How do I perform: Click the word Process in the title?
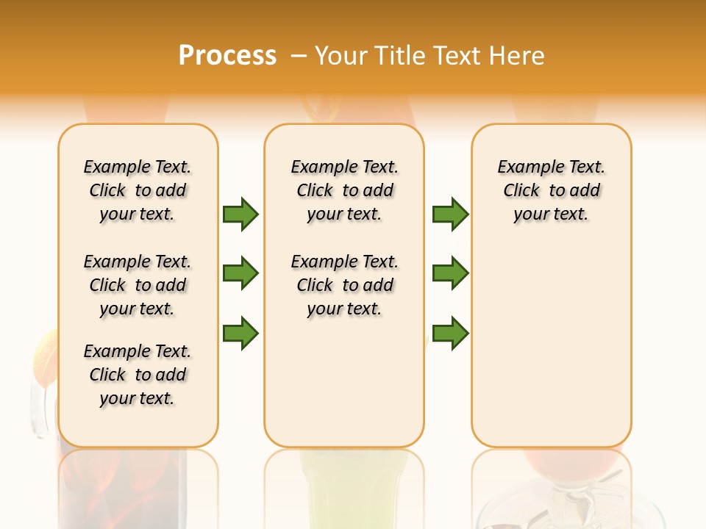tap(227, 55)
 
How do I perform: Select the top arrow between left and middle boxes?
tap(240, 214)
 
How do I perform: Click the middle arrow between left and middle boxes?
tap(240, 273)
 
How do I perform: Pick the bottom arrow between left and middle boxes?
tap(240, 333)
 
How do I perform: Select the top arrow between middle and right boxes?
tap(450, 214)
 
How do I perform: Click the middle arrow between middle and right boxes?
tap(450, 273)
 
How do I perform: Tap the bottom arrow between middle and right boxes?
tap(450, 333)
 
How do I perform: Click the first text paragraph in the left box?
tap(138, 190)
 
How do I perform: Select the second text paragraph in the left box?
tap(138, 285)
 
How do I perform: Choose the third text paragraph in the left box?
tap(138, 375)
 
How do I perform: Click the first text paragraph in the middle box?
tap(344, 190)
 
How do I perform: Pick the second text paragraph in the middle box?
tap(344, 285)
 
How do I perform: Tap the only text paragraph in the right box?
tap(551, 190)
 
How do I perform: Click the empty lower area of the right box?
tap(551, 345)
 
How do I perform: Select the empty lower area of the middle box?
tap(344, 382)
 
